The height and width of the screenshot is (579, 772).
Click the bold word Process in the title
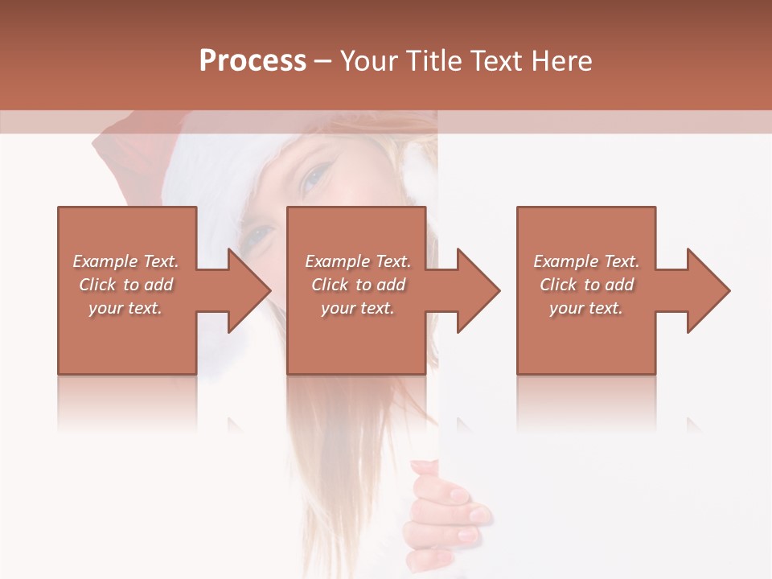pos(253,61)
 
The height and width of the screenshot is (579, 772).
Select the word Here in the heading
pos(562,61)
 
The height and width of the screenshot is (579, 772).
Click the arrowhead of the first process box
pos(249,290)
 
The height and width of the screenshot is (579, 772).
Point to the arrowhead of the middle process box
pos(478,290)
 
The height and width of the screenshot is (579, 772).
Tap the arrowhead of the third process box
pos(708,290)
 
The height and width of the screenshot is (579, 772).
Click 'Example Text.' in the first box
pos(125,261)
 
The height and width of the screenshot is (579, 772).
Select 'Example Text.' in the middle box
pos(358,261)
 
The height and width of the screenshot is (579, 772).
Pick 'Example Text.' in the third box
pos(586,261)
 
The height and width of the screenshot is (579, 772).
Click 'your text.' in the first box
pos(125,308)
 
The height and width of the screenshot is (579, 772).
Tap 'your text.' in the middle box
pos(358,308)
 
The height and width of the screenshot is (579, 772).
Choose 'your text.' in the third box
pos(586,308)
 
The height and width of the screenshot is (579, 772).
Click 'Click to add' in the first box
pos(125,285)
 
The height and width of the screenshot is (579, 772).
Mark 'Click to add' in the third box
pos(586,285)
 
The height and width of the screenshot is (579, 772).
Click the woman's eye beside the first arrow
pos(259,234)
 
